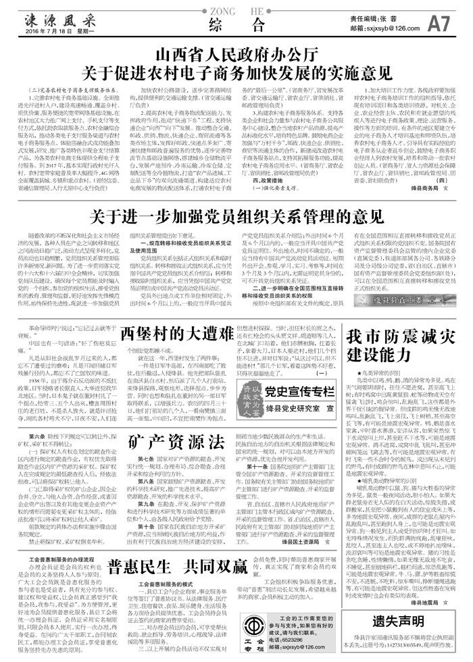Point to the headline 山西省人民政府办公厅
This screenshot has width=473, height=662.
[236, 53]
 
